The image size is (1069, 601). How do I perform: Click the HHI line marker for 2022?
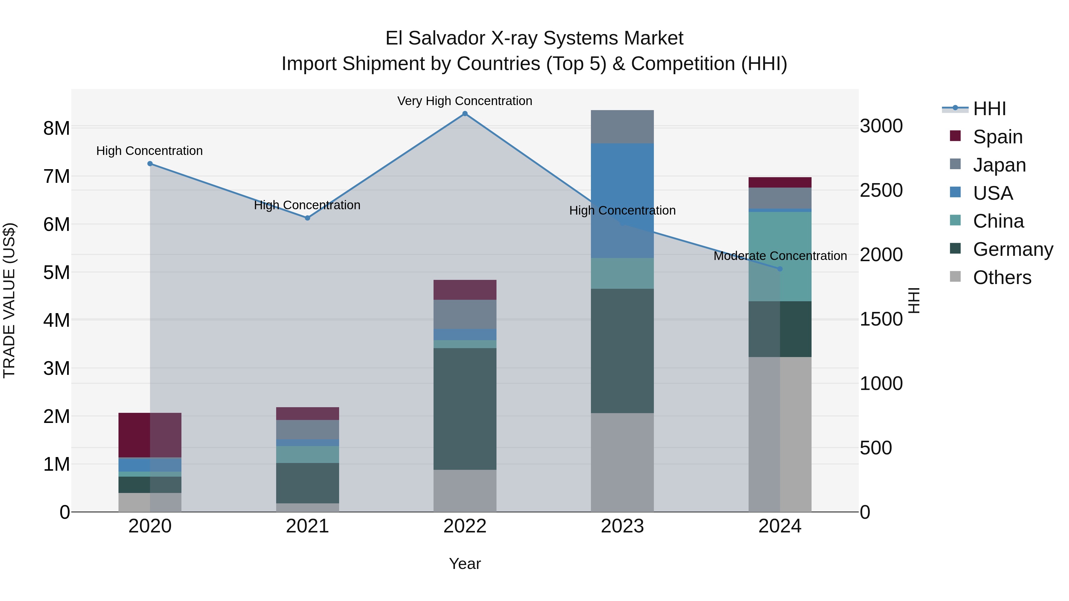tap(465, 114)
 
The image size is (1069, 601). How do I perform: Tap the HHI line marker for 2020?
tap(150, 164)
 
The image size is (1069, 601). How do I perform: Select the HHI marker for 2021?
tap(308, 218)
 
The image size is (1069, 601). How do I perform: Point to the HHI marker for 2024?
tap(780, 269)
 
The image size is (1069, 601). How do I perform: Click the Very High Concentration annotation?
tap(464, 101)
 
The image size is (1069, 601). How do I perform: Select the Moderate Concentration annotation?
tap(780, 256)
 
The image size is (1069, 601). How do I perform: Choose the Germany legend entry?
tap(1013, 249)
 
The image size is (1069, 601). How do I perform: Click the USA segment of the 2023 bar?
tap(622, 199)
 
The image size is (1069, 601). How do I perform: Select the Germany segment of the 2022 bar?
tap(465, 409)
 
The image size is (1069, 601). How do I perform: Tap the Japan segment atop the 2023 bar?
tap(622, 126)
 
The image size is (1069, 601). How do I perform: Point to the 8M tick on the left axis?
tap(56, 129)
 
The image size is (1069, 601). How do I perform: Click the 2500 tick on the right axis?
tap(881, 190)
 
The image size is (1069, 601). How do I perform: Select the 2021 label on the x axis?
tap(308, 526)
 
